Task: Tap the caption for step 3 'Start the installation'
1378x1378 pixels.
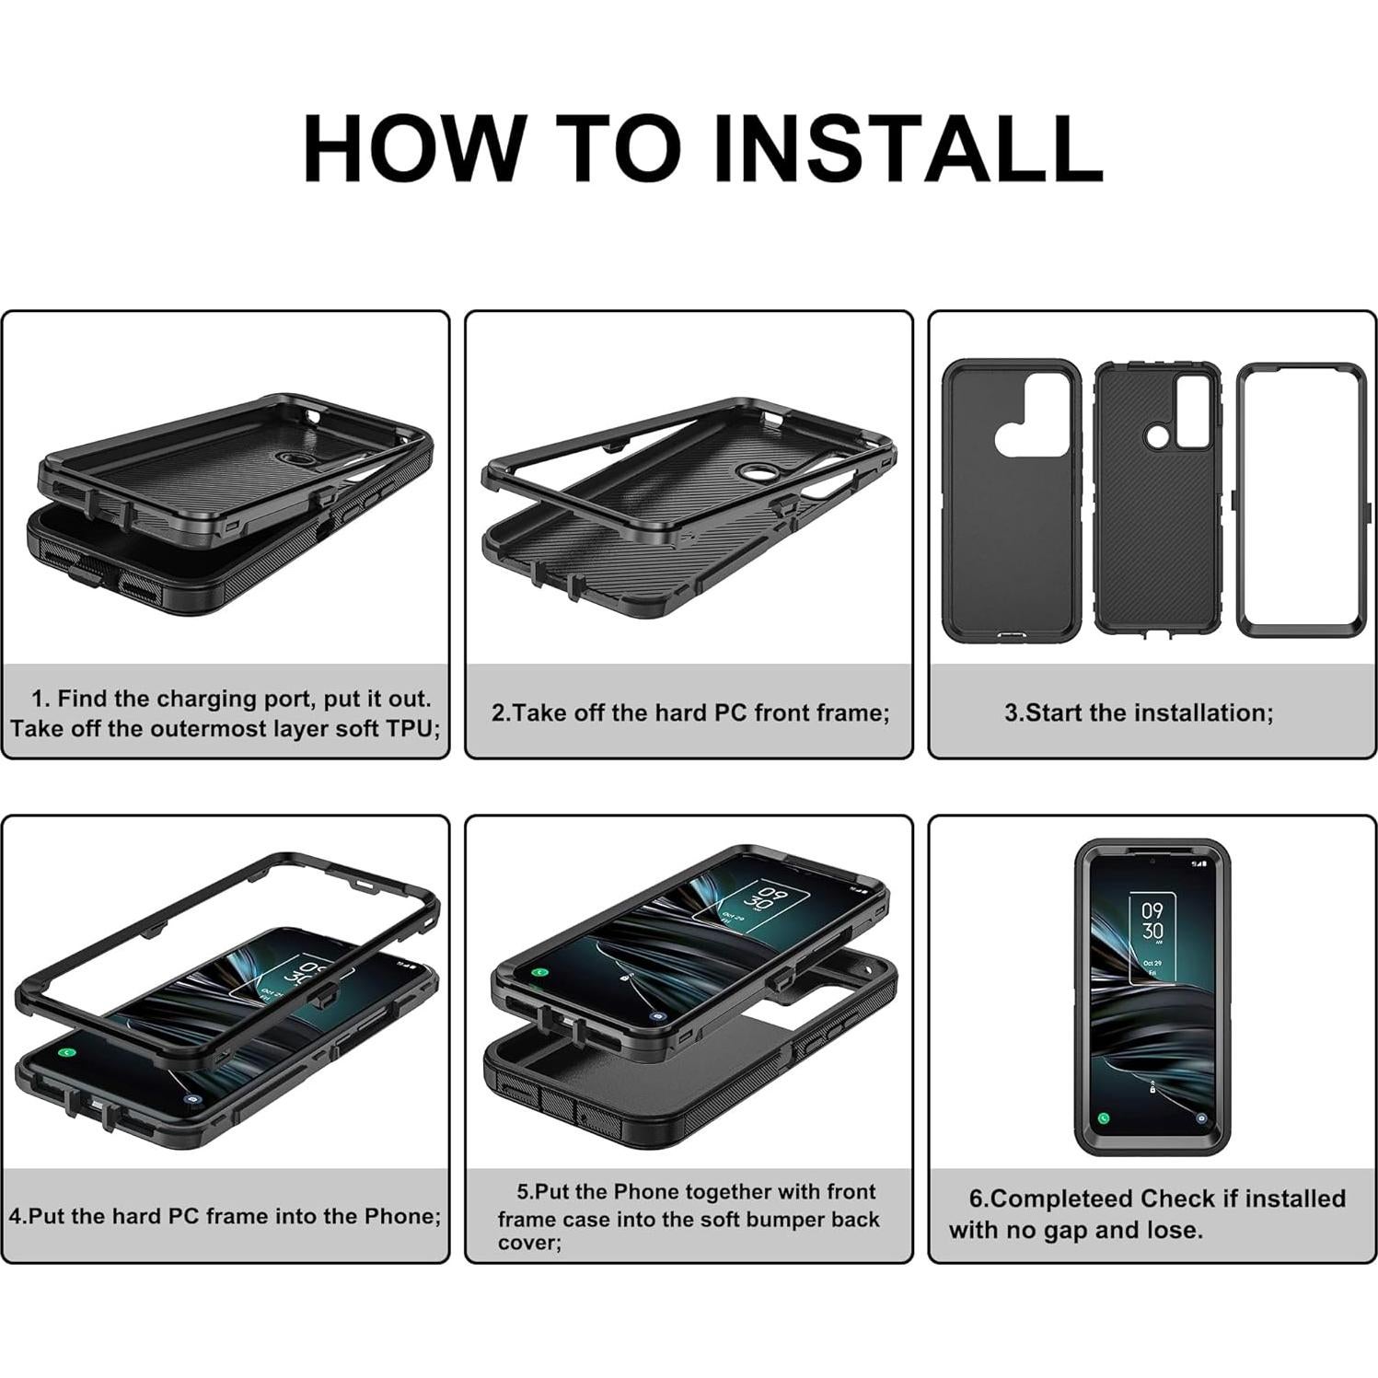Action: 1139,712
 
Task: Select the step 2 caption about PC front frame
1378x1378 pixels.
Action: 690,712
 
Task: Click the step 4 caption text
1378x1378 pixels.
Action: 225,1216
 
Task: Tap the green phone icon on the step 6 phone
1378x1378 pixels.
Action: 1103,1118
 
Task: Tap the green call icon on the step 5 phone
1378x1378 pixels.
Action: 540,972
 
